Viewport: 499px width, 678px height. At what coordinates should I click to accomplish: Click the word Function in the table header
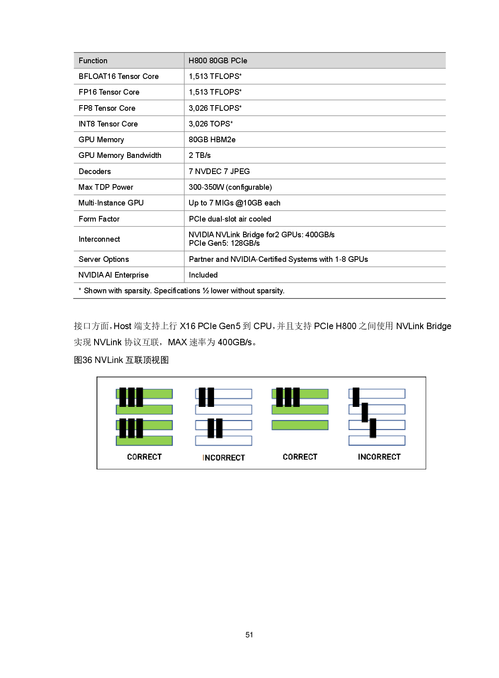93,61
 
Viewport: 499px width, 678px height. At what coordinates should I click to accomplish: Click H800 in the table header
198,61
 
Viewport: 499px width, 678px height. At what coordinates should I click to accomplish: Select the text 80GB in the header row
219,61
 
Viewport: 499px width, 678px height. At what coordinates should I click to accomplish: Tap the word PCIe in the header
239,61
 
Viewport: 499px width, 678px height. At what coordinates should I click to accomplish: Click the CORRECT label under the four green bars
144,457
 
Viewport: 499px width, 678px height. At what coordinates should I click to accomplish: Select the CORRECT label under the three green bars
300,457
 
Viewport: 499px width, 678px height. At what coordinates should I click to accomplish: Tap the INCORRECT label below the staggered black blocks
379,457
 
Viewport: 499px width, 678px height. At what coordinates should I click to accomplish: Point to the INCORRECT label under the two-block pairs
224,458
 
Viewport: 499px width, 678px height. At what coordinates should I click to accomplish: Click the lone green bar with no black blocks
300,425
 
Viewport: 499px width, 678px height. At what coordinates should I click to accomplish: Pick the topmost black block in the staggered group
356,397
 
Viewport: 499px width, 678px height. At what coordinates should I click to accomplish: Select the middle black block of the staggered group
365,412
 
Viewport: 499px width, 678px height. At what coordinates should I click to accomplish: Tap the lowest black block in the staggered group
373,428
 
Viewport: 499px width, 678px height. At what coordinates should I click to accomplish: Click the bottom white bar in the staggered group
377,440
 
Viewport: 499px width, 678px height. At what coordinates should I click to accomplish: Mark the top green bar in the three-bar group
314,394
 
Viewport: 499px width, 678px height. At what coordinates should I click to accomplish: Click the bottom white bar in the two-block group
224,441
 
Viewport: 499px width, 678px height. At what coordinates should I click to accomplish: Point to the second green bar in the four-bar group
157,410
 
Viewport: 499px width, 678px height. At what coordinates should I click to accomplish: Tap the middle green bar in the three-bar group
314,410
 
